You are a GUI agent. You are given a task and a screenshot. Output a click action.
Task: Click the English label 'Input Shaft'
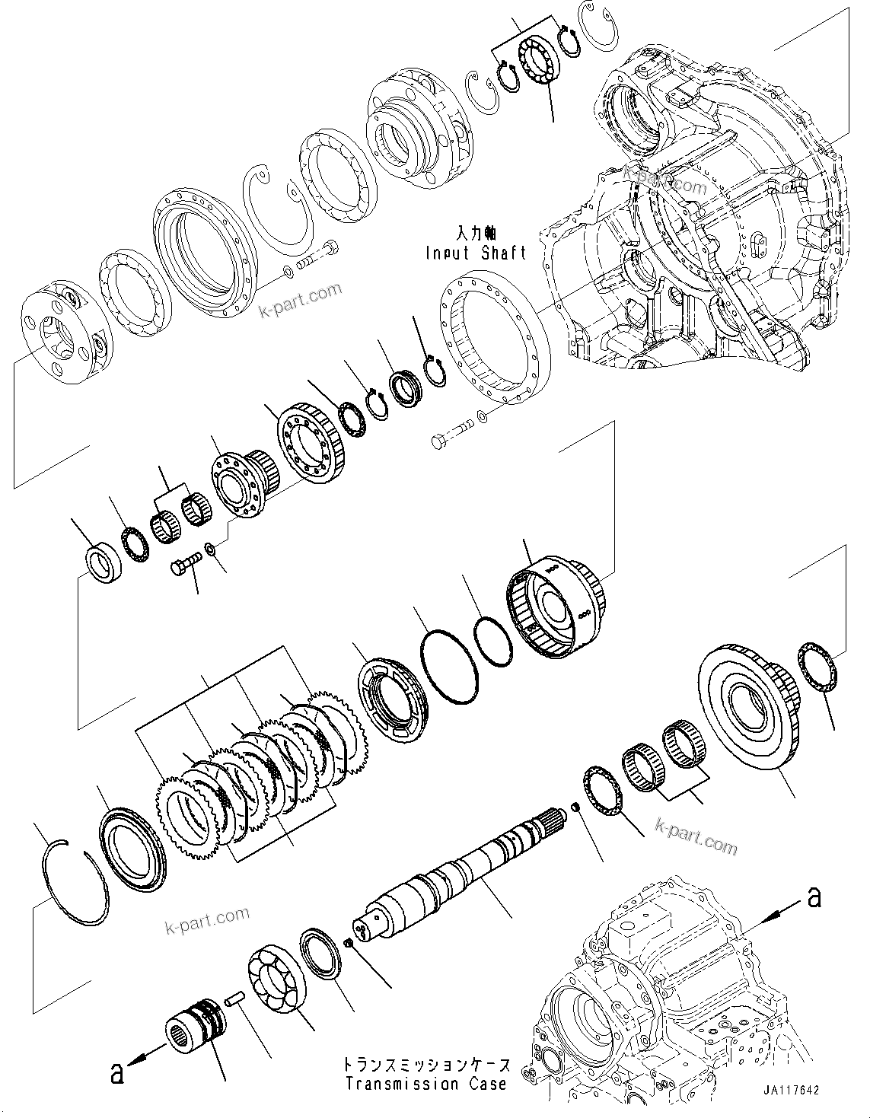(476, 253)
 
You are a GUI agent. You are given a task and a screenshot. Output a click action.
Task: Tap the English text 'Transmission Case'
(425, 1084)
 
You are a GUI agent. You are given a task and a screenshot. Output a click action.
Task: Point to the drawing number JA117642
(789, 1090)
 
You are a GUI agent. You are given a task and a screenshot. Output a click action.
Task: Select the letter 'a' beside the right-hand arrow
(814, 898)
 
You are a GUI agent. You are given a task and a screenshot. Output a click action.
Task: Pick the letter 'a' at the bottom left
(116, 1073)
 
